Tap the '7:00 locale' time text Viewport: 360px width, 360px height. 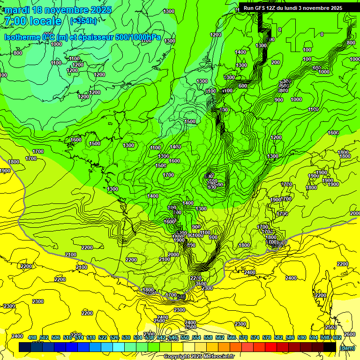point(33,21)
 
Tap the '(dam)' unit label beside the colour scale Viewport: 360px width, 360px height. point(347,348)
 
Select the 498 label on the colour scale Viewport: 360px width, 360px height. point(32,337)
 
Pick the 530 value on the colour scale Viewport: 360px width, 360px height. point(126,337)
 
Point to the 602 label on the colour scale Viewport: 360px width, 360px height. point(337,337)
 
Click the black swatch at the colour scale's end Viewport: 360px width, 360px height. point(330,347)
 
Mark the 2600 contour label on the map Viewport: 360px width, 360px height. point(349,334)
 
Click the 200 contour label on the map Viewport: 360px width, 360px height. point(276,62)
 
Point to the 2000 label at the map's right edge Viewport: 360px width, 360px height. point(355,213)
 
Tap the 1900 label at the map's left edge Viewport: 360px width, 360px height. point(5,171)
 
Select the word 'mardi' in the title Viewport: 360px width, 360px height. point(16,10)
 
